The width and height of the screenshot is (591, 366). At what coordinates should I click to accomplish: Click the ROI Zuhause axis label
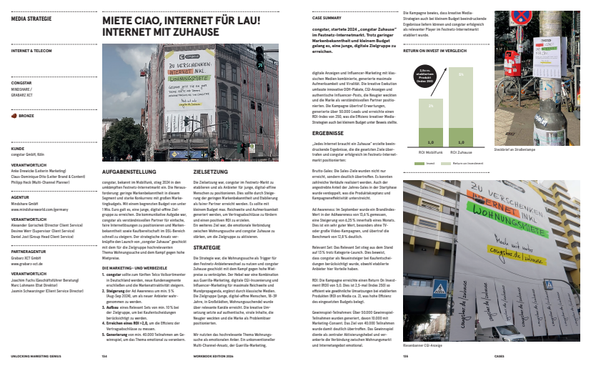(x=461, y=152)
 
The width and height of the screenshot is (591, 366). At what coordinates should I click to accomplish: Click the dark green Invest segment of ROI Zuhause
(x=461, y=138)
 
